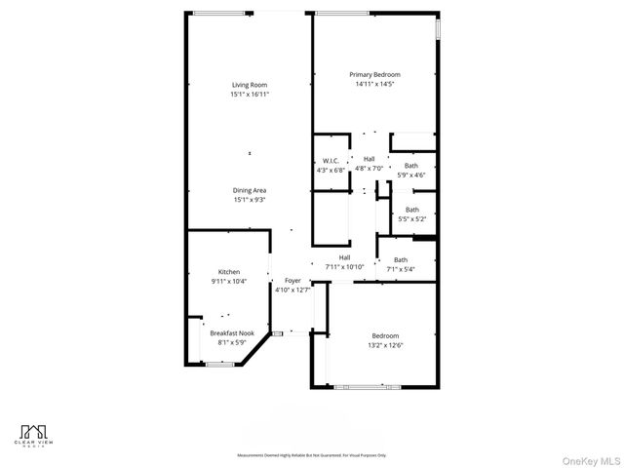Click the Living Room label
pos(250,85)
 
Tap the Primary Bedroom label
pos(375,75)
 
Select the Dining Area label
pos(250,190)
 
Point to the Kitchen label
pos(229,272)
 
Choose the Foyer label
pos(292,281)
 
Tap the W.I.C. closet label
pos(331,161)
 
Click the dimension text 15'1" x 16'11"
pos(250,95)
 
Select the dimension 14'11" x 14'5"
pos(375,85)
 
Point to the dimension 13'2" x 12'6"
pos(384,345)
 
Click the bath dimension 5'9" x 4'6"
pos(411,175)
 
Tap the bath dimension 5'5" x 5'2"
pos(412,218)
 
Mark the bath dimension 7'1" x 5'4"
pos(401,269)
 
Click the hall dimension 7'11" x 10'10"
pos(344,266)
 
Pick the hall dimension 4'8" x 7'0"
pos(370,169)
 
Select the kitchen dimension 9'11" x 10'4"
pos(229,281)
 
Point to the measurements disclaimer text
pos(311,455)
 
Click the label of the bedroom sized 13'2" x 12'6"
pos(384,335)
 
